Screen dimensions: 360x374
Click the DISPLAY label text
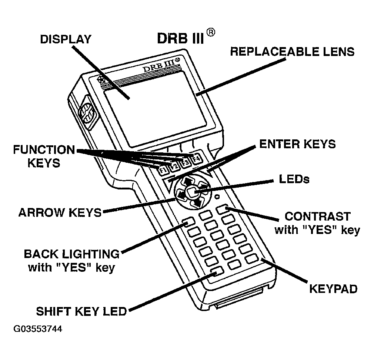coord(66,39)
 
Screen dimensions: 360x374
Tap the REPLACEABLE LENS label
coord(292,52)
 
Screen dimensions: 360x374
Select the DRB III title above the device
coord(180,38)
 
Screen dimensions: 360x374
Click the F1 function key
coord(162,171)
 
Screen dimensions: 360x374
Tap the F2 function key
coord(174,166)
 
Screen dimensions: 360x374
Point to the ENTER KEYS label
coord(297,144)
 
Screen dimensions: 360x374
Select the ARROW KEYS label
coord(60,212)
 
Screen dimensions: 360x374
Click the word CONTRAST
coord(317,216)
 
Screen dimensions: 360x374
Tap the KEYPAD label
coord(333,289)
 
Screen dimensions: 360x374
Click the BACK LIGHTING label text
coord(71,254)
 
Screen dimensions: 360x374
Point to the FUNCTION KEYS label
coord(44,156)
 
